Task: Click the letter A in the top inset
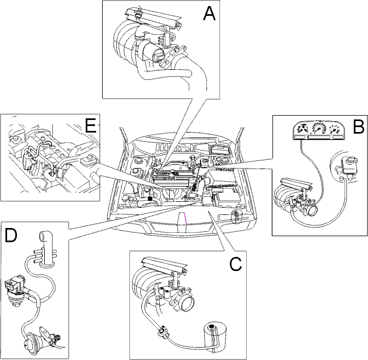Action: (x=209, y=14)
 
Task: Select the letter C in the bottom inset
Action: (x=235, y=264)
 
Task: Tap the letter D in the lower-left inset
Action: (x=11, y=235)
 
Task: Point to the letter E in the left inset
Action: (x=90, y=125)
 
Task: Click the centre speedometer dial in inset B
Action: (x=318, y=129)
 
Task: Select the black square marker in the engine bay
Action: (x=150, y=199)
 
